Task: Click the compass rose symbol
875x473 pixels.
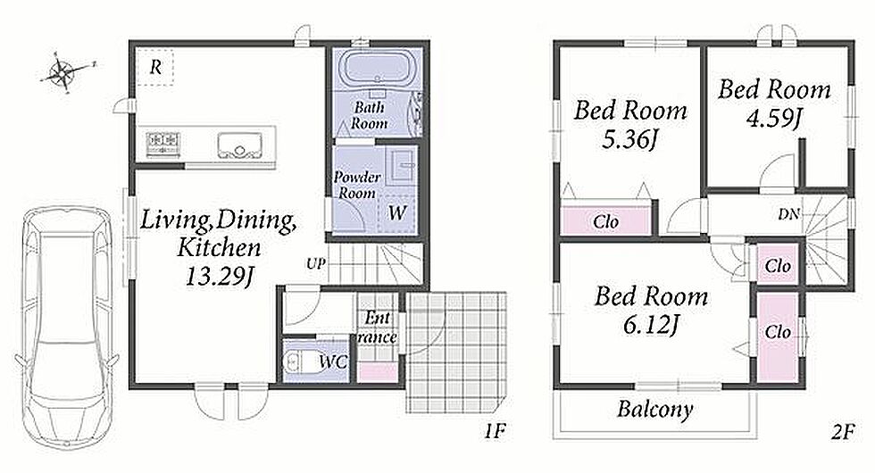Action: [62, 72]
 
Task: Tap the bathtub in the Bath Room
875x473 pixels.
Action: [379, 68]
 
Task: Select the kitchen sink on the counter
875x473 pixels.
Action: [239, 145]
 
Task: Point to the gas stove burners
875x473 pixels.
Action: [162, 143]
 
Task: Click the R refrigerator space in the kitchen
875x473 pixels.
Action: [155, 67]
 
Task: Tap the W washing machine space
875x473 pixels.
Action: [396, 212]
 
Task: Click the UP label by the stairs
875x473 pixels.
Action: [315, 263]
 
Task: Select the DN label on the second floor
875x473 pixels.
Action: [788, 213]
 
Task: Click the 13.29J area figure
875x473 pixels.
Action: [219, 276]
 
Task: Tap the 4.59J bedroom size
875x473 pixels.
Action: [774, 118]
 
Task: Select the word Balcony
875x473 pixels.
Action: [655, 410]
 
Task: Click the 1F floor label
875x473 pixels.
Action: [495, 431]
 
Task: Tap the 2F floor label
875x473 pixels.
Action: [843, 432]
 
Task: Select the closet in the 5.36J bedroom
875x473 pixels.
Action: [606, 221]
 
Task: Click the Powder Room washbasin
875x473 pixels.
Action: [403, 164]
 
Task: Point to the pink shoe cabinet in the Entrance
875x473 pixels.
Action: [377, 372]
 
